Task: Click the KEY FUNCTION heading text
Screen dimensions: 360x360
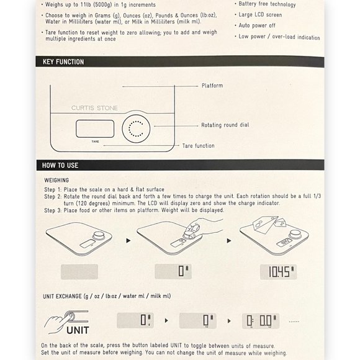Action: pos(63,62)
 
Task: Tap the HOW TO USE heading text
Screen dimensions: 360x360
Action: pos(60,165)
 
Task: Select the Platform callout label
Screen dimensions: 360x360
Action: pos(212,86)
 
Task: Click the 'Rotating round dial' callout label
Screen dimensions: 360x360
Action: pos(225,125)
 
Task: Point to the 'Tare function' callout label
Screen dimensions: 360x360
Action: pos(199,146)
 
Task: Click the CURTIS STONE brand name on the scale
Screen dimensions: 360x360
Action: pos(94,108)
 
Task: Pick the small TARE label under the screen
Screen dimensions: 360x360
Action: pos(96,142)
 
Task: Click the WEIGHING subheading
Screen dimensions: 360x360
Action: pos(56,180)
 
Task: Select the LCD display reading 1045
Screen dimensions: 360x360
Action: pos(278,272)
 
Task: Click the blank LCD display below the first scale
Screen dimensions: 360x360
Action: pos(79,272)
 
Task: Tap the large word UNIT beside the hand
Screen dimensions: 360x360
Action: pos(78,330)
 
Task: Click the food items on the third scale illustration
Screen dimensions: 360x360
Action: pos(269,224)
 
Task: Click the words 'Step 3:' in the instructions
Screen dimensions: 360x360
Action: pos(53,210)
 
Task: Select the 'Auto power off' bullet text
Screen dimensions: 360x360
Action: pos(257,25)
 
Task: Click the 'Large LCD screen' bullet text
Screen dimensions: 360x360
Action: pos(260,15)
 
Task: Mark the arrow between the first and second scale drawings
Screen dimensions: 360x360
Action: pos(128,241)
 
